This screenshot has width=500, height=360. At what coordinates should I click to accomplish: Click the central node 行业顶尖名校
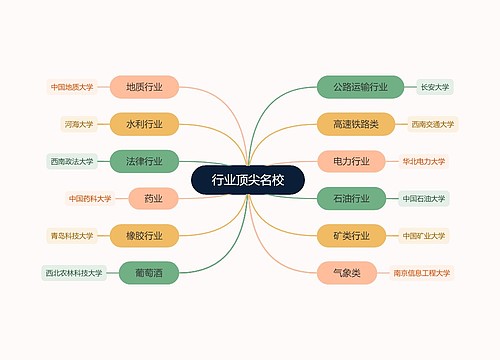[248, 180]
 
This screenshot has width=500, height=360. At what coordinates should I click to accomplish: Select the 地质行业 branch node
[145, 87]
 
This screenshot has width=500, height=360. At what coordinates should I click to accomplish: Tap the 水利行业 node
[145, 124]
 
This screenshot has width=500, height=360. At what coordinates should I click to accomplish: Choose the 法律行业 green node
[145, 161]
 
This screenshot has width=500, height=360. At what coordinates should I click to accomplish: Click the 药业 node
[152, 198]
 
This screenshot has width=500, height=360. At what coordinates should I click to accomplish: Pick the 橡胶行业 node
[145, 235]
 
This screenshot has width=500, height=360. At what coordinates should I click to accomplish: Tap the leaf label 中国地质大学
[72, 87]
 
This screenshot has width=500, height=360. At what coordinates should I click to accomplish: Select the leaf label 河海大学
[77, 124]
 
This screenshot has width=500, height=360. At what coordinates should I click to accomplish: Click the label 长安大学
[434, 87]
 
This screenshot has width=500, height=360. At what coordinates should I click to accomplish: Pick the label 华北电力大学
[424, 161]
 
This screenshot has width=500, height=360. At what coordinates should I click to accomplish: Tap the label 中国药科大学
[89, 198]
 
